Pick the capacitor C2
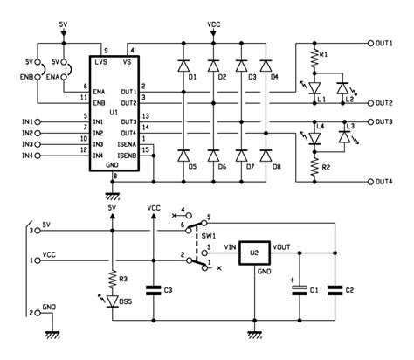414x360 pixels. coord(335,289)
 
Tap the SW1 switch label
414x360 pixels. coord(209,236)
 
